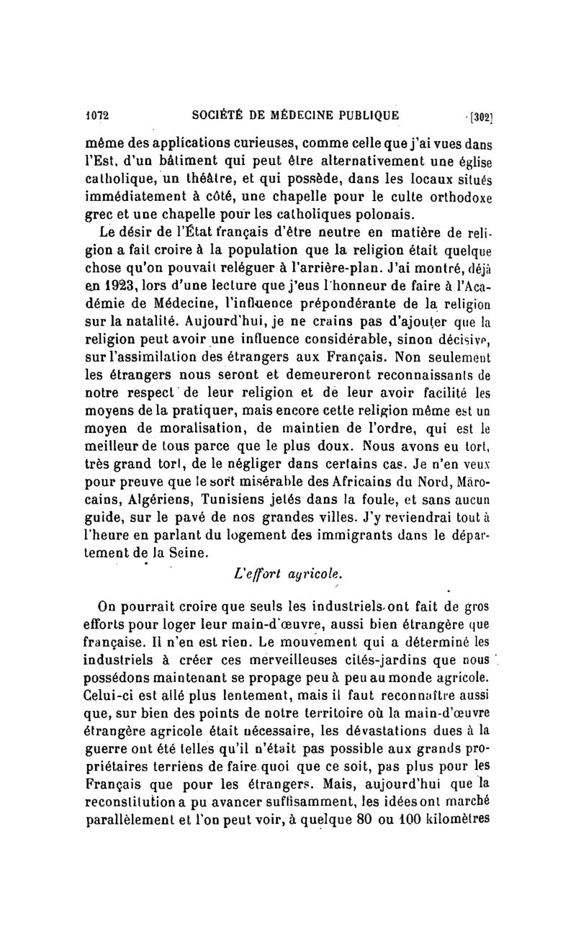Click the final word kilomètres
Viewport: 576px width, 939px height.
[454, 819]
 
